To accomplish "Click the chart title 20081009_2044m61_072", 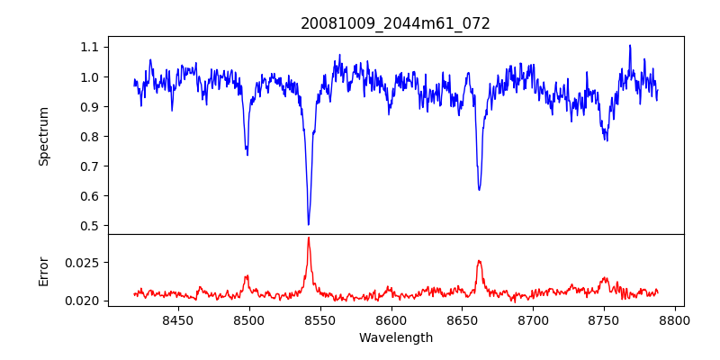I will (395, 23).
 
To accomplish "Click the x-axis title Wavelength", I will (395, 338).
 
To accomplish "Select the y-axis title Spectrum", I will (43, 136).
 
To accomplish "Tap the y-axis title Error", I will (43, 270).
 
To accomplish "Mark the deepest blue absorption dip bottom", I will (309, 224).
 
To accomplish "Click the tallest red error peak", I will (309, 238).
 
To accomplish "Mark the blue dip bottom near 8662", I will (479, 189).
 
